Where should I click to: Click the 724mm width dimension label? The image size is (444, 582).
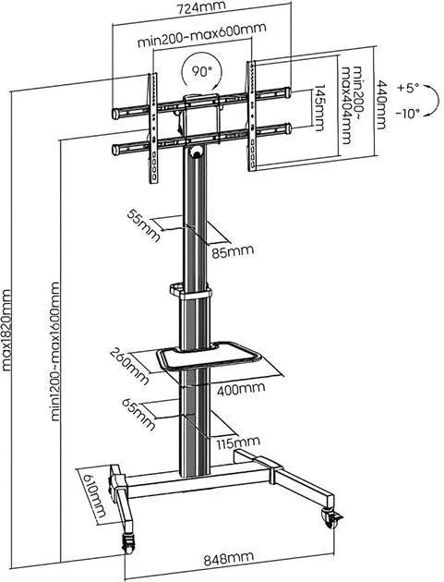click(201, 6)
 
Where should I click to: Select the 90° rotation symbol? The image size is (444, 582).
click(201, 70)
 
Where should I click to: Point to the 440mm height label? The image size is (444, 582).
click(381, 105)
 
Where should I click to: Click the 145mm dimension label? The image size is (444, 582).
click(319, 108)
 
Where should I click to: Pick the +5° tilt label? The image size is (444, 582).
click(408, 89)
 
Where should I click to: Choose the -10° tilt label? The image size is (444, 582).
click(407, 114)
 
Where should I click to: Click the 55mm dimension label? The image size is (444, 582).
click(144, 225)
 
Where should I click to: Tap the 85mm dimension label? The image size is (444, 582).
click(233, 251)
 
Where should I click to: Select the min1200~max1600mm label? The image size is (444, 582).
click(54, 351)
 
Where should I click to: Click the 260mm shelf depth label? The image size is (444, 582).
click(130, 366)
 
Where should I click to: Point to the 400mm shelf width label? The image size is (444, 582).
click(241, 389)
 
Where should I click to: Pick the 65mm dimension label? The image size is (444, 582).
click(139, 415)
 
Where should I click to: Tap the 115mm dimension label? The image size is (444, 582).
click(238, 443)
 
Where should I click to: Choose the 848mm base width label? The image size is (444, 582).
click(229, 559)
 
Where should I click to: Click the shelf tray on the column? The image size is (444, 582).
click(210, 358)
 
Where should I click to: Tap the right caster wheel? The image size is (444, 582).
click(330, 518)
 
